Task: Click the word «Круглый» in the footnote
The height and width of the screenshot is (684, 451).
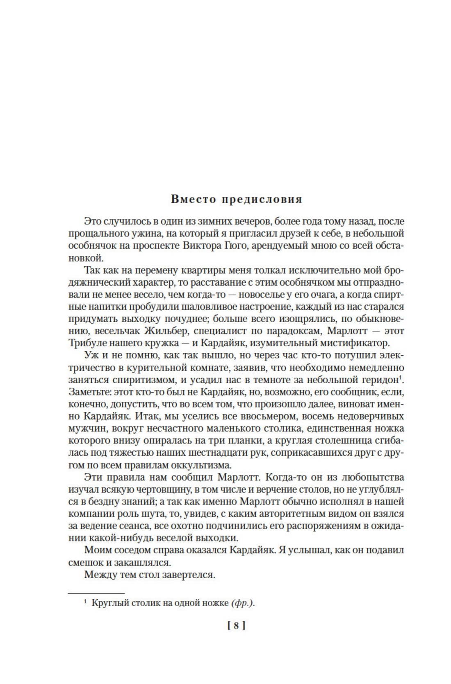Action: (x=108, y=603)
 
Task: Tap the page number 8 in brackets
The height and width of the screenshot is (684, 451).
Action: (x=236, y=626)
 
